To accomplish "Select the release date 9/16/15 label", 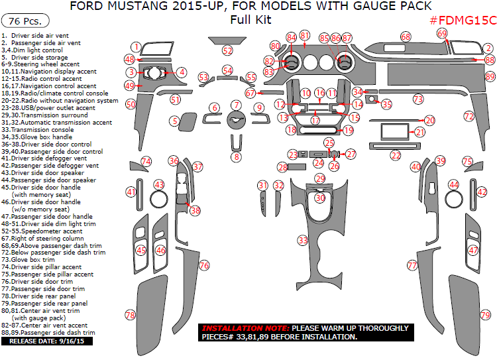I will pos(47,341).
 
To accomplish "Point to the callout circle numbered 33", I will pos(303,239).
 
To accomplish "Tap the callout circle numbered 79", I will pos(486,315).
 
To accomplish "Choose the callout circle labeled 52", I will pos(228,50).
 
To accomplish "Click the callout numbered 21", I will pos(420,133).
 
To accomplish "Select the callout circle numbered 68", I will pos(406,37).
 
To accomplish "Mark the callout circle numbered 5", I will pos(174,121).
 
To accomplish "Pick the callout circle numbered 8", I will pos(236,157).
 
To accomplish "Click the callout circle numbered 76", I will pos(204,265).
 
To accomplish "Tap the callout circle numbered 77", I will pos(412,265).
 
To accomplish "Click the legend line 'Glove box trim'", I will pos(30,260).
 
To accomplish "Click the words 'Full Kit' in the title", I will pos(250,20).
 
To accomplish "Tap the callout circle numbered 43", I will pos(159,184).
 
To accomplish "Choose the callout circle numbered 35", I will pos(386,104).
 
